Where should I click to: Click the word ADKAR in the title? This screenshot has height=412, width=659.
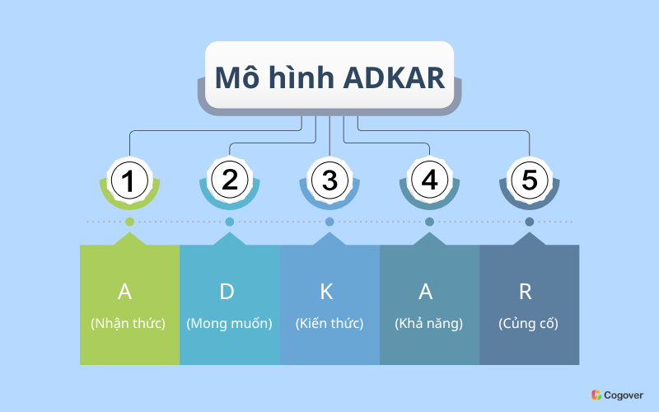pos(394,77)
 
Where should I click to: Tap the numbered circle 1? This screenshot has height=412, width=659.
pos(129,180)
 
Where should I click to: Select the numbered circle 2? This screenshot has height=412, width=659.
pos(230,180)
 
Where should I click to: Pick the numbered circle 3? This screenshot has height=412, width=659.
pos(329,180)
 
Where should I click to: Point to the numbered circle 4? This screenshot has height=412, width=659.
pos(429,180)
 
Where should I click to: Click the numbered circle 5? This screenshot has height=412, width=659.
pos(530,180)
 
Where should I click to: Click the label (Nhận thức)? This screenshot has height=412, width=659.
pos(129,323)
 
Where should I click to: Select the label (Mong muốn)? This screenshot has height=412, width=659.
pos(230,323)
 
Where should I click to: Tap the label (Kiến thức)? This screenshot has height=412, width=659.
pos(329,323)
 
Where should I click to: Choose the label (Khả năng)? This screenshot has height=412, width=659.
pos(429,323)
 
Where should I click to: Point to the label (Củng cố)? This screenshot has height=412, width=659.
pos(529,323)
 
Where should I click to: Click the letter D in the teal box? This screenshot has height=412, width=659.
pos(227,292)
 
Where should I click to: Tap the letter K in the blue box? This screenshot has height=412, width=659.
pos(326,292)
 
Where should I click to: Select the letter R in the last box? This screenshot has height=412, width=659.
pos(526,292)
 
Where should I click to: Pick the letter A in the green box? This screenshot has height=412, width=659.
pos(125,292)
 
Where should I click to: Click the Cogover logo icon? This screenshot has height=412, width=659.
pos(596,395)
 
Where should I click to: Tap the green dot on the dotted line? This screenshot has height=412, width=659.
pos(130,222)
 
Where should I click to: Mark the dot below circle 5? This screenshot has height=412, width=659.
pos(530,222)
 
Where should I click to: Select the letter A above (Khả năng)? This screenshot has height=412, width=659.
pos(426,292)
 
